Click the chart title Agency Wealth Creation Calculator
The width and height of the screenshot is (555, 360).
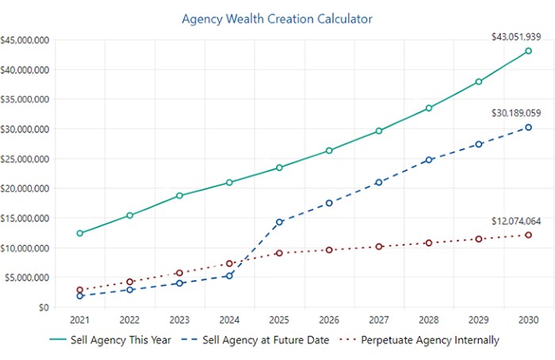pos(277,17)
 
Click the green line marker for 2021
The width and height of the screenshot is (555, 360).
pos(79,233)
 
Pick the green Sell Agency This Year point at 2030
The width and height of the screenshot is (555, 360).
pos(528,51)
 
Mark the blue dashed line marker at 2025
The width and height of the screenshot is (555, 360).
pos(279,222)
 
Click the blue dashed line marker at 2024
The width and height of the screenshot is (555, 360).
pos(229,276)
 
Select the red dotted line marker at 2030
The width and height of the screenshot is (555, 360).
pos(528,235)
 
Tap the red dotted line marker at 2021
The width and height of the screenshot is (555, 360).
pos(79,290)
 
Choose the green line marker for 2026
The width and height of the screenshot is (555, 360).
pos(329,151)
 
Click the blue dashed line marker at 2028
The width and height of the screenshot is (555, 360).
pos(429,159)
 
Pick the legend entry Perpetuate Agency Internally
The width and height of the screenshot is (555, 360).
pos(421,340)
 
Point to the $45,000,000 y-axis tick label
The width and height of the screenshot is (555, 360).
pos(25,40)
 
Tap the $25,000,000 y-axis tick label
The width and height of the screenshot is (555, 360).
pos(25,159)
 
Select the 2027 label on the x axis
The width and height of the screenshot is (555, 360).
pos(379,320)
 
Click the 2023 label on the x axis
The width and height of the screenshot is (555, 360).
pos(179,320)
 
